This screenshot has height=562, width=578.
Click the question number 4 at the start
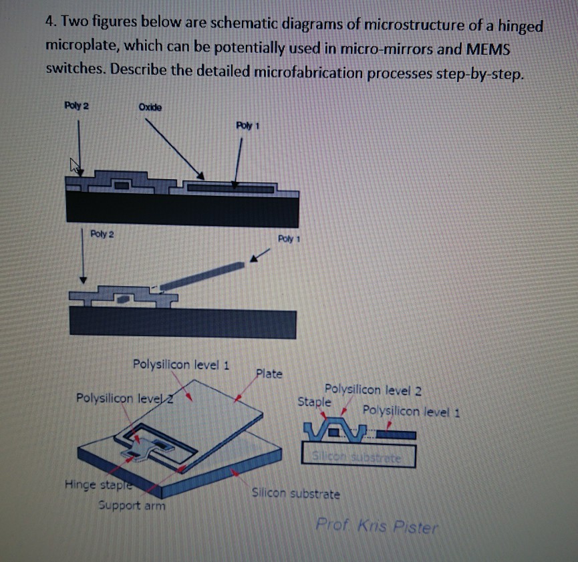pyautogui.click(x=50, y=25)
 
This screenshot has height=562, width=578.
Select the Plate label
pyautogui.click(x=269, y=373)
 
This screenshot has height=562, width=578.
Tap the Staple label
pyautogui.click(x=314, y=402)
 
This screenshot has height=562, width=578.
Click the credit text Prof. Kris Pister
pyautogui.click(x=377, y=526)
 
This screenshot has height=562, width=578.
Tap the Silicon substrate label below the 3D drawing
pyautogui.click(x=295, y=494)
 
